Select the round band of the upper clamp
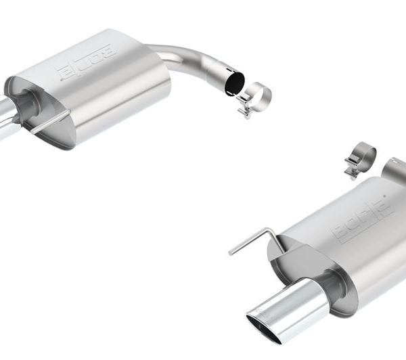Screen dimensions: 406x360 click(x=259, y=95)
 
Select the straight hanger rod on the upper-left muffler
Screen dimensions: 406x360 click(x=51, y=122)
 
